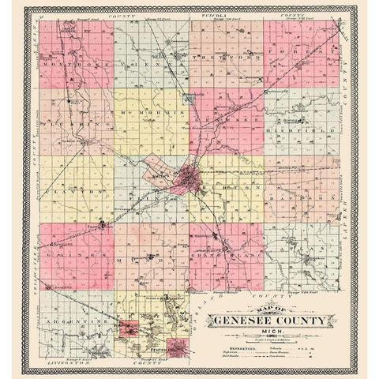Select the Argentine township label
(x=75, y=324)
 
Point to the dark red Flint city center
(x=190, y=179)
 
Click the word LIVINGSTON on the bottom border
(x=55, y=366)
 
